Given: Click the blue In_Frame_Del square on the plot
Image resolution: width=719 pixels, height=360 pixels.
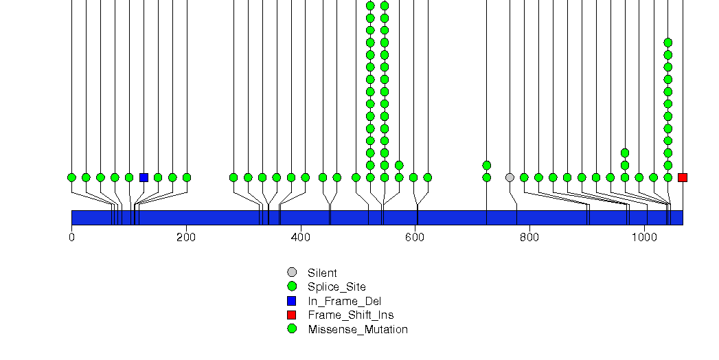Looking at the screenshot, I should [x=144, y=177].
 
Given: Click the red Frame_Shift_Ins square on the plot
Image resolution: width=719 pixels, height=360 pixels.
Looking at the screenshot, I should [x=682, y=177].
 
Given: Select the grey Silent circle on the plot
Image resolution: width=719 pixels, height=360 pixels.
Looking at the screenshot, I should [x=510, y=177].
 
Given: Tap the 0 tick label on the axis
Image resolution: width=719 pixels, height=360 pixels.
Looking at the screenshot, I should [x=71, y=238].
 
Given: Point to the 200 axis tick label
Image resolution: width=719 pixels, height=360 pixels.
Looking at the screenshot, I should [x=186, y=238].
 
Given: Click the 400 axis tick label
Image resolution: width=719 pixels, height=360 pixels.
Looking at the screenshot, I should [x=300, y=238].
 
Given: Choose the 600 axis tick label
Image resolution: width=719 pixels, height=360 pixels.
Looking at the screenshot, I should [x=415, y=238].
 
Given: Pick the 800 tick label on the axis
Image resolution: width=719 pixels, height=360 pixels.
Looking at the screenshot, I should [x=529, y=238].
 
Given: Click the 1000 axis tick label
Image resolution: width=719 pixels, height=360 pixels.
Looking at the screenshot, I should [x=643, y=238].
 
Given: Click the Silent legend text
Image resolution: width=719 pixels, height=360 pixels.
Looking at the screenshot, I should [x=322, y=273].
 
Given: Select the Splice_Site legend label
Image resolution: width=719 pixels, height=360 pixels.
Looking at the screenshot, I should [x=336, y=286].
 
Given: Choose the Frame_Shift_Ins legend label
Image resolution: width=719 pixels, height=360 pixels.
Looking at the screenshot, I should [x=350, y=315].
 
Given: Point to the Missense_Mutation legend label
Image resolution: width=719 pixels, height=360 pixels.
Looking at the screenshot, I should [x=357, y=329].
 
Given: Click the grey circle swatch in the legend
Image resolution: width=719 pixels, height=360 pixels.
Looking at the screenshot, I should [x=292, y=272].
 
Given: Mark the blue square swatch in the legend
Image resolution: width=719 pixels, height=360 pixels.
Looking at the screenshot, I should [x=292, y=301].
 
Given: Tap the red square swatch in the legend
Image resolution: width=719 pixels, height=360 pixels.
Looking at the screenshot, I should [x=292, y=315].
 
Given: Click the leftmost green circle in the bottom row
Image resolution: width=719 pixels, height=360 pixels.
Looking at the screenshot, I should [x=71, y=177].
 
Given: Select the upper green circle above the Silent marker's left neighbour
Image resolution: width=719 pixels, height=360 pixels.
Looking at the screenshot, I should [x=487, y=165].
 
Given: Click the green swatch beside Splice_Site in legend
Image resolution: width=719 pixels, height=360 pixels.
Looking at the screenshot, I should [x=292, y=286].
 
